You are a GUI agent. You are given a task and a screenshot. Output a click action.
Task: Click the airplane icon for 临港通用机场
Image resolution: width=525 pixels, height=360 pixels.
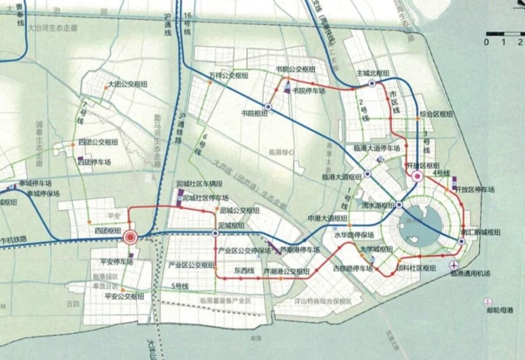pos(455,264)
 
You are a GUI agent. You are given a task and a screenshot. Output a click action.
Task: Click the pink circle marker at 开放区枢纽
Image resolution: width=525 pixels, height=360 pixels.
pos(418,176)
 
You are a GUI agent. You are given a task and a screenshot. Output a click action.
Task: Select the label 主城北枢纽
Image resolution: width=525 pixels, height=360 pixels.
pos(371,72)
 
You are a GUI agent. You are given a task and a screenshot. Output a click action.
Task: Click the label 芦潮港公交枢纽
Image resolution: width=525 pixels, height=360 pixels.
pos(286,271)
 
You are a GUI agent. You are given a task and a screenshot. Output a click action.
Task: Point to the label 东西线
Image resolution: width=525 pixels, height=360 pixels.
pos(244,271)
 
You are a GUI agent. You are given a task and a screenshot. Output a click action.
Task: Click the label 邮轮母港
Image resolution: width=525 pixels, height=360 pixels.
pos(500,310)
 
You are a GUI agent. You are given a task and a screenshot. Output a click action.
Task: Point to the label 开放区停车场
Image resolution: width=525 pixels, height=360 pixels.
pos(474,187)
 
